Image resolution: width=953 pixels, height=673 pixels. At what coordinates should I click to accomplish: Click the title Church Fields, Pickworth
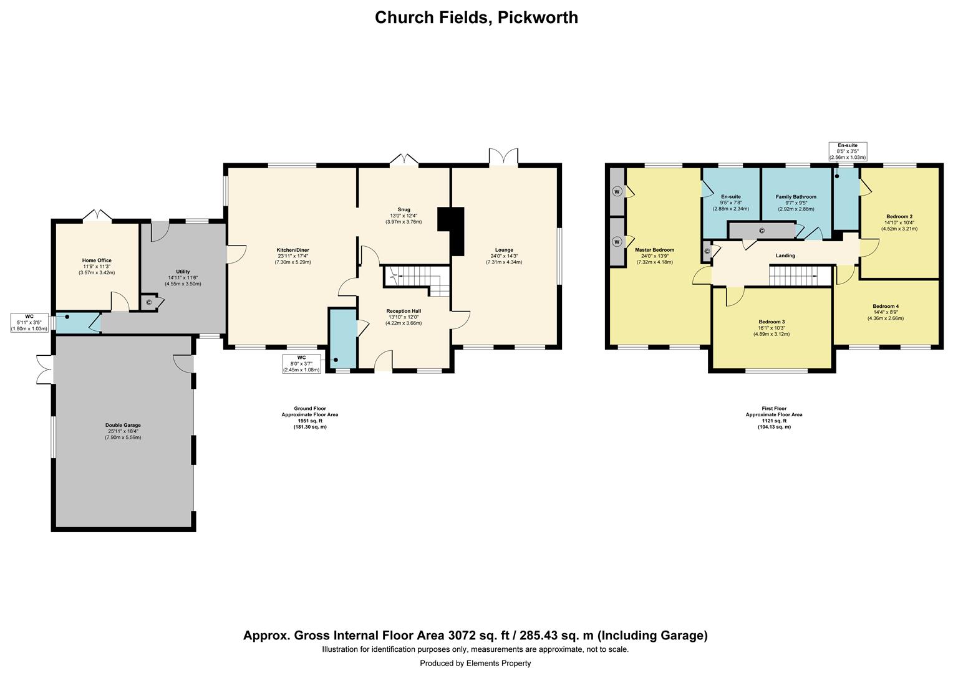476,17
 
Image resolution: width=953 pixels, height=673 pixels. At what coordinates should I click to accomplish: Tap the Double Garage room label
123,426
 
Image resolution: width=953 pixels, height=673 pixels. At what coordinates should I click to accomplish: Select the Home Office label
97,260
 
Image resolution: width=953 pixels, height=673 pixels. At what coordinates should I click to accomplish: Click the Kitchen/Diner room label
293,250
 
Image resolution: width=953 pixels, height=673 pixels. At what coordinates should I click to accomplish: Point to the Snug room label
404,209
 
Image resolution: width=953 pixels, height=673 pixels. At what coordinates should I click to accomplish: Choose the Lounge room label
504,250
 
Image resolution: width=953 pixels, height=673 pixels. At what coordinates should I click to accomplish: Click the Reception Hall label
404,310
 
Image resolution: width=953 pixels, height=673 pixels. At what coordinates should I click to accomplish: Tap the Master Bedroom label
654,250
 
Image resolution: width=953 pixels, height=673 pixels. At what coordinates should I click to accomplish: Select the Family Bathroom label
796,197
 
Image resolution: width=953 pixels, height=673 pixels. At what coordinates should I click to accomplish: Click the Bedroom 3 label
772,322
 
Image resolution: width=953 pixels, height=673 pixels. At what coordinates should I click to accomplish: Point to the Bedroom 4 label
886,306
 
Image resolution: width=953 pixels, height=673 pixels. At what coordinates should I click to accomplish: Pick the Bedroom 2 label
899,217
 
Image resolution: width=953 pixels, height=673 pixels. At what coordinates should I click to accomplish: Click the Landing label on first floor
785,255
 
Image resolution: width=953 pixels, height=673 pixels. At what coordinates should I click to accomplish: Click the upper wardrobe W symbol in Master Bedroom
617,191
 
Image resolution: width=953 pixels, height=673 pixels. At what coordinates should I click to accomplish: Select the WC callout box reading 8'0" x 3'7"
302,364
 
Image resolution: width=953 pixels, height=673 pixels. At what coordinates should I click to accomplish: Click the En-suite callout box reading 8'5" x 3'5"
848,151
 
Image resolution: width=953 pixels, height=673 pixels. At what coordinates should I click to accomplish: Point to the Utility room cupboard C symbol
149,303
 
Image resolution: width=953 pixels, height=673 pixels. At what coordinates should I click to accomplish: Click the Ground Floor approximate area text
310,418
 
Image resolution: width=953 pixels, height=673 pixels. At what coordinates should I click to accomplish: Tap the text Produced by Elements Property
475,663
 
